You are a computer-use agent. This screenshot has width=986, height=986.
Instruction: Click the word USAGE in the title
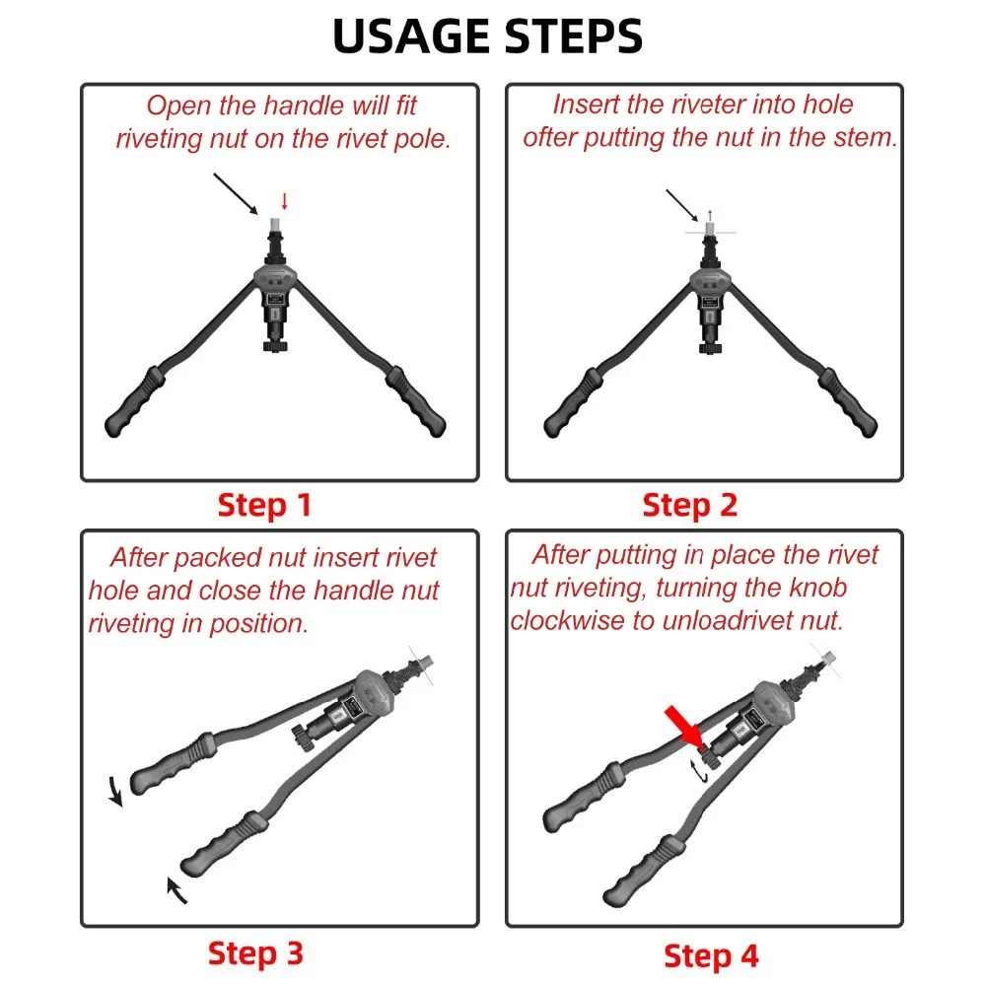[x=411, y=35]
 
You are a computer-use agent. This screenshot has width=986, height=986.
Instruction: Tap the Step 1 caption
[x=264, y=505]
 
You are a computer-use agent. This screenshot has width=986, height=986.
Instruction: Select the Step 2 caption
[x=690, y=505]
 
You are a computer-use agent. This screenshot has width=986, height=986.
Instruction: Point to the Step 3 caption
[x=256, y=953]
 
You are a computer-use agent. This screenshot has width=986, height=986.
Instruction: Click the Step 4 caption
[x=711, y=956]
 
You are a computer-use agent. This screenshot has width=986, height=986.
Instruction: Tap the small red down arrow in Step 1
[x=285, y=201]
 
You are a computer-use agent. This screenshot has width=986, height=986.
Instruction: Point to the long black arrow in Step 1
[x=236, y=194]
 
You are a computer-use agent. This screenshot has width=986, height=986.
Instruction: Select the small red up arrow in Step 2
[x=710, y=215]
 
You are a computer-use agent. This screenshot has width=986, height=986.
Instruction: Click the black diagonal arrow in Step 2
[x=681, y=205]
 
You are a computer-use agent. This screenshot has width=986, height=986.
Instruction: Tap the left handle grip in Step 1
[x=134, y=402]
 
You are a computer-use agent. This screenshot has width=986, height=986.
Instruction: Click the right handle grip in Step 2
[x=848, y=403]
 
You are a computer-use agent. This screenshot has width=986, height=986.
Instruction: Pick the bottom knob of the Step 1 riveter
[x=275, y=345]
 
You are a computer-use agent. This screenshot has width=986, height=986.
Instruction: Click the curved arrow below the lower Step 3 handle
[x=176, y=890]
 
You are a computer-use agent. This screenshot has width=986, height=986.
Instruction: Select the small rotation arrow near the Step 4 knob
[x=699, y=772]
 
